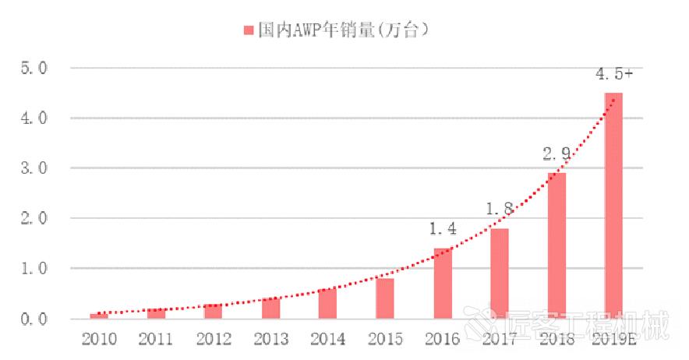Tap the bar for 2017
pos(499,273)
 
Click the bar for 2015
pos(385,298)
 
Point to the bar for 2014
pos(327,303)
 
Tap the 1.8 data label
pos(499,210)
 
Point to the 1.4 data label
pos(442,229)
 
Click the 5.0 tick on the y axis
pos(35,69)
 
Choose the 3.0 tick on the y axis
pos(35,168)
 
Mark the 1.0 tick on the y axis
pos(35,269)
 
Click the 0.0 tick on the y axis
pos(35,319)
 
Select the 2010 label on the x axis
pos(99,340)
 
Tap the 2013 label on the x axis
pos(270,340)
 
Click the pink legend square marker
pos(249,30)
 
